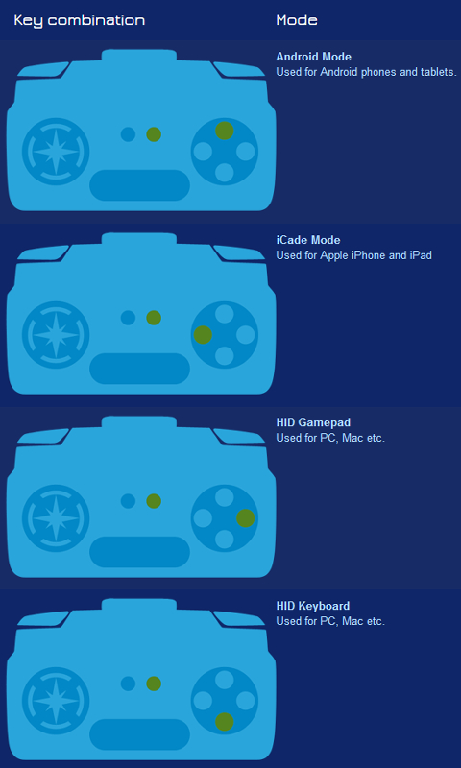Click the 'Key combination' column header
click(x=80, y=20)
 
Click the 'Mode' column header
click(x=297, y=20)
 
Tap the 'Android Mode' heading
click(x=313, y=57)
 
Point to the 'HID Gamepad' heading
click(x=313, y=422)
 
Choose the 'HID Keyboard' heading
click(x=312, y=606)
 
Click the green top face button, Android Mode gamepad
click(x=225, y=131)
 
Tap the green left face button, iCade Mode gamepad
click(x=203, y=335)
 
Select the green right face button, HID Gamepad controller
click(x=246, y=518)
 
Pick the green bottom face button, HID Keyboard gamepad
click(x=225, y=722)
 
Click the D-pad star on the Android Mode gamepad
click(x=56, y=152)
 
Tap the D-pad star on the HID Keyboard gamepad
click(x=56, y=701)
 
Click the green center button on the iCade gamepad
click(x=154, y=318)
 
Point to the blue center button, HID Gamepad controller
click(x=128, y=501)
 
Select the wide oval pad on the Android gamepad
click(x=139, y=185)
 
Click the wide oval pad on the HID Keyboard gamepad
click(x=139, y=734)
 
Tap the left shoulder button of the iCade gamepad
click(x=43, y=252)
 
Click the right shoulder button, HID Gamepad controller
click(x=239, y=436)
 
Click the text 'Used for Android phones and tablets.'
click(x=367, y=72)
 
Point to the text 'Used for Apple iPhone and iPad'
click(x=353, y=255)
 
